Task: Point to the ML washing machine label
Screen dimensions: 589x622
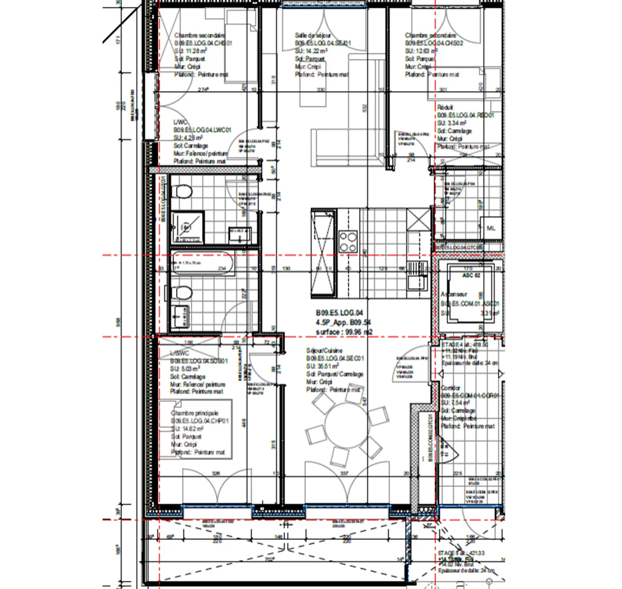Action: click(x=491, y=228)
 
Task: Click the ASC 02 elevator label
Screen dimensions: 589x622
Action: click(x=471, y=275)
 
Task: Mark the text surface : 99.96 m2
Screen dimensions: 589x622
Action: click(x=344, y=332)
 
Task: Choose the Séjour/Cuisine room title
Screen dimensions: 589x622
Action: click(x=324, y=351)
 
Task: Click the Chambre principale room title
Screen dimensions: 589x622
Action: click(x=194, y=413)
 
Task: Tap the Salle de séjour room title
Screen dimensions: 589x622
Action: click(x=313, y=35)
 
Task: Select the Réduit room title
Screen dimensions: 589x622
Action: click(x=445, y=107)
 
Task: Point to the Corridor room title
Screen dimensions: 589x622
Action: click(x=451, y=388)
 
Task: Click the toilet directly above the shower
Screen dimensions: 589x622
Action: click(x=182, y=191)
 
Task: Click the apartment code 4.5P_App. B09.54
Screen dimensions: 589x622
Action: click(x=343, y=322)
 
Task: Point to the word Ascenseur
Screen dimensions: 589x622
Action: click(x=454, y=294)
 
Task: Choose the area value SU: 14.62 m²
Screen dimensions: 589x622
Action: click(x=187, y=429)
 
